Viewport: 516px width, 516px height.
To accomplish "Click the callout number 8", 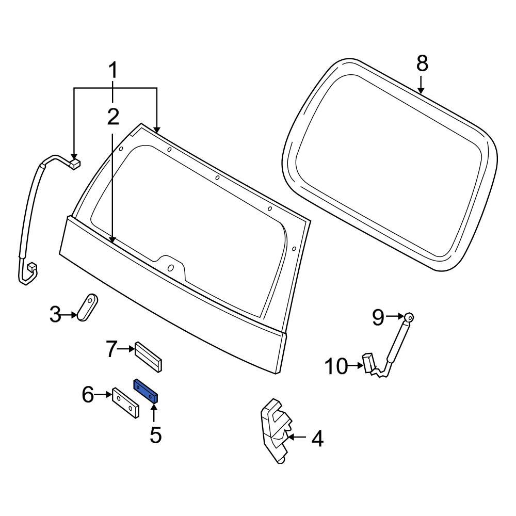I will click(x=422, y=64).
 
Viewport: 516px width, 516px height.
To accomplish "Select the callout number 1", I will click(x=112, y=71).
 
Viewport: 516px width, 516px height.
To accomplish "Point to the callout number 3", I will click(x=55, y=314).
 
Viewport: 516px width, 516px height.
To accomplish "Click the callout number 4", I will click(x=317, y=440).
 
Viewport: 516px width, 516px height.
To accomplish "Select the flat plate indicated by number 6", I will click(x=125, y=403).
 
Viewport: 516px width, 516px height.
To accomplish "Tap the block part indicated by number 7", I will click(x=149, y=356).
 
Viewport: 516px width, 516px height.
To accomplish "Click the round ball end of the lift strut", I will click(x=409, y=317).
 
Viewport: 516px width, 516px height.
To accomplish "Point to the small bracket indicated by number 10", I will click(x=369, y=362).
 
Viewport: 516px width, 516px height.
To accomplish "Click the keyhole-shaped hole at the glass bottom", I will click(x=170, y=268).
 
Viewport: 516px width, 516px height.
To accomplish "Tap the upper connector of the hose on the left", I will click(x=74, y=164).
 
